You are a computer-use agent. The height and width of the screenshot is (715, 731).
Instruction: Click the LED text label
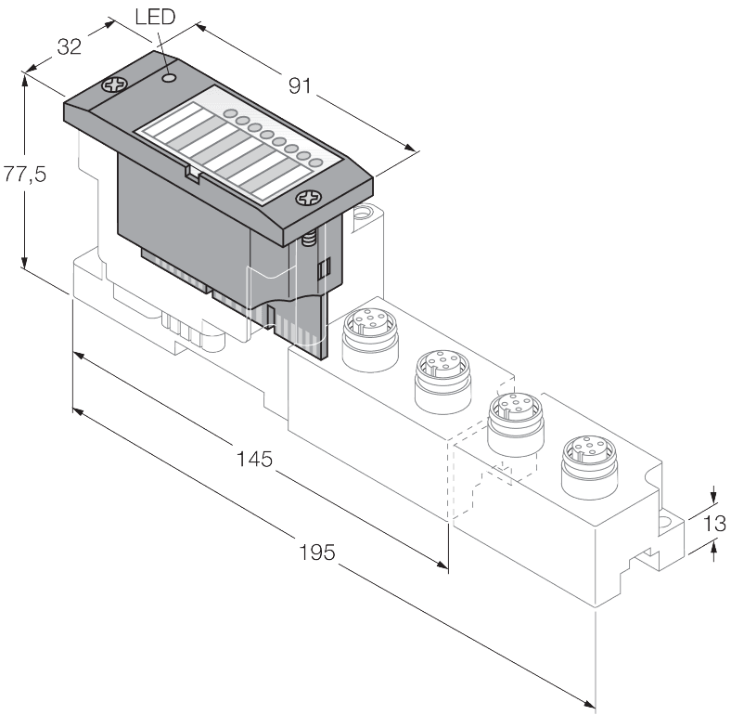(x=154, y=18)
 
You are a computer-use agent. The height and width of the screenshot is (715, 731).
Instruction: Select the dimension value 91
(x=298, y=86)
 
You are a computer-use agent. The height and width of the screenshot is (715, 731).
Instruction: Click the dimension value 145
(x=253, y=459)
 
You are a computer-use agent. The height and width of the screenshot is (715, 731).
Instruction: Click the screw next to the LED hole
(x=117, y=85)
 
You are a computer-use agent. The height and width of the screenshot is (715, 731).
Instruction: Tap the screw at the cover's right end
(x=307, y=198)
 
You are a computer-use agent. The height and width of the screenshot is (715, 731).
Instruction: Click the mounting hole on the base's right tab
(x=666, y=521)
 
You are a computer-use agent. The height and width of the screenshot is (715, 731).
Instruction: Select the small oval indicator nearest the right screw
(x=315, y=163)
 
